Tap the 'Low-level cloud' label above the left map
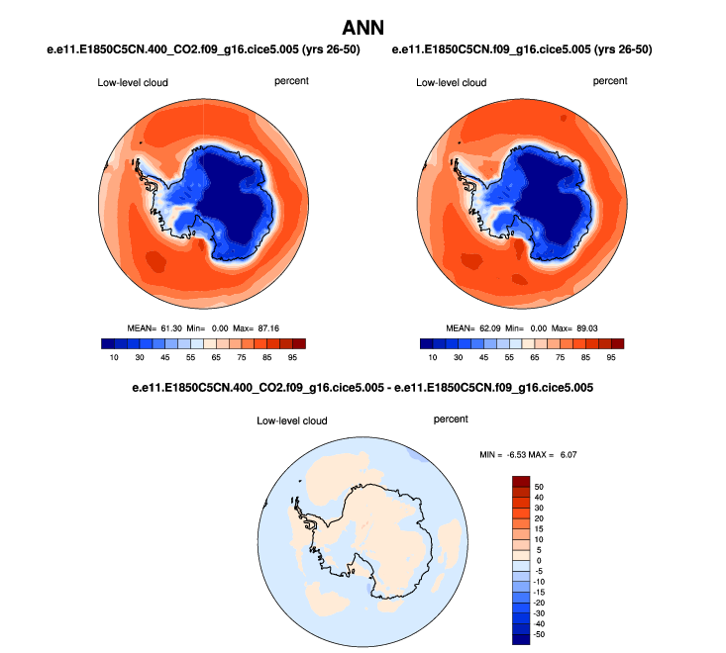(132, 82)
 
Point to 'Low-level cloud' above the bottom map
(291, 420)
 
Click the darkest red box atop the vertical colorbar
(522, 482)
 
